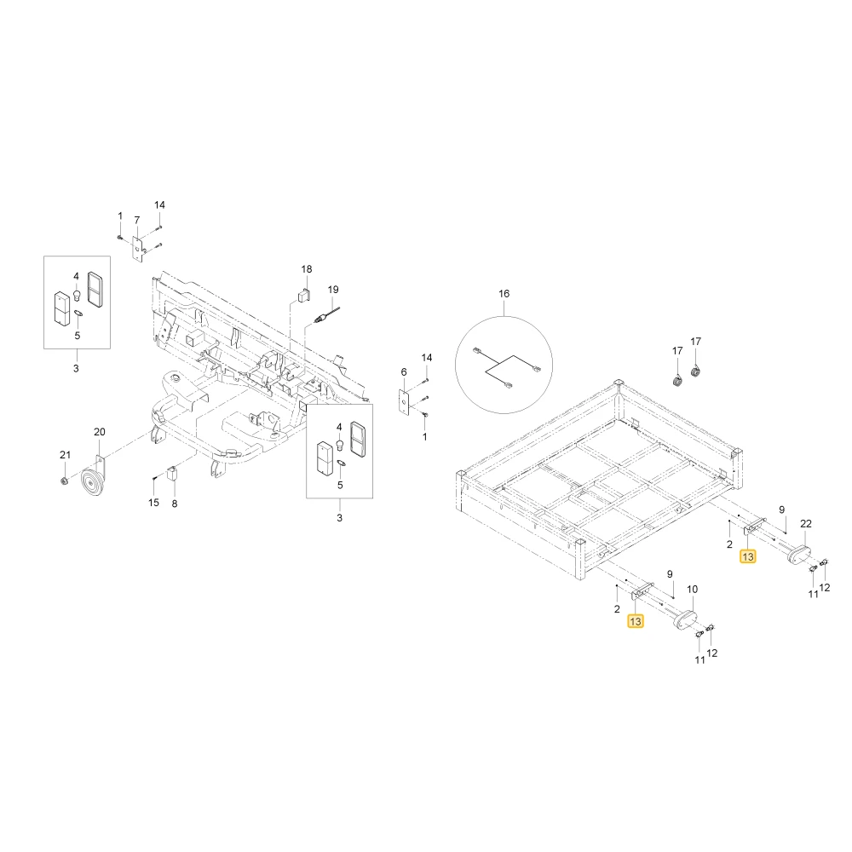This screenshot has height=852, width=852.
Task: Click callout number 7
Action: [x=137, y=220]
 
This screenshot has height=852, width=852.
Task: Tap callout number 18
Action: [x=307, y=269]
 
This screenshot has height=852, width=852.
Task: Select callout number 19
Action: [x=333, y=290]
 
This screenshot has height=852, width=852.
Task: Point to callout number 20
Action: [x=100, y=432]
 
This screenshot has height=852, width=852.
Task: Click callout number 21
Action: [x=66, y=455]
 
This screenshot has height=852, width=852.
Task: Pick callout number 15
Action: [x=153, y=503]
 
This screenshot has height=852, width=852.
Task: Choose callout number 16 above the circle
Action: [x=504, y=293]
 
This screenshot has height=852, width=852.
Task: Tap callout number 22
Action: [x=806, y=524]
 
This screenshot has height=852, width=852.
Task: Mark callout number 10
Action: [x=692, y=589]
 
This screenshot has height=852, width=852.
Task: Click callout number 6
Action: [x=404, y=372]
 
